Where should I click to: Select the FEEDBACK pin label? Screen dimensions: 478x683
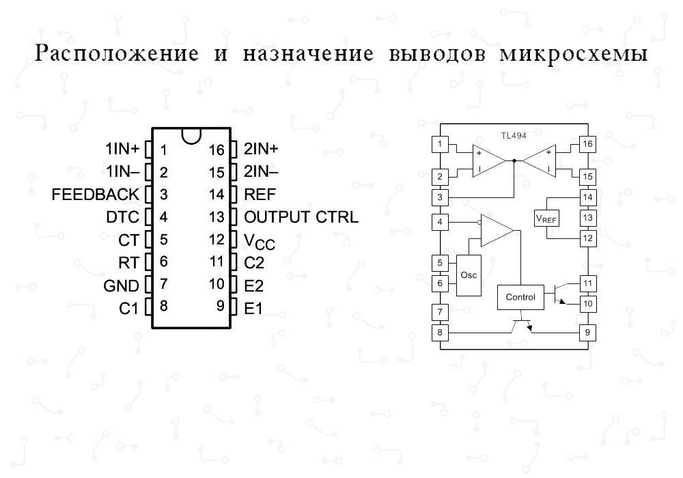95,195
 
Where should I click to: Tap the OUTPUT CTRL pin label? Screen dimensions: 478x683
301,217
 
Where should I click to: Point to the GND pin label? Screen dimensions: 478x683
121,285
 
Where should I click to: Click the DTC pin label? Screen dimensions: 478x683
123,217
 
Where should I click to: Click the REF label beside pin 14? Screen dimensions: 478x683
260,195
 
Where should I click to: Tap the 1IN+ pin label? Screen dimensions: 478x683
122,149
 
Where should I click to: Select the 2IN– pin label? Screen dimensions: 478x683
261,172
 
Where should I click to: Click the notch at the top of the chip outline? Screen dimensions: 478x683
192,135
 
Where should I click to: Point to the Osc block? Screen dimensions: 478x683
469,275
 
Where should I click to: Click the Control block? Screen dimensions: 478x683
520,297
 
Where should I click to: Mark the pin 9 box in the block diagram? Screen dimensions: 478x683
587,333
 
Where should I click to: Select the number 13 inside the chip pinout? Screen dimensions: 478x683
217,217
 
